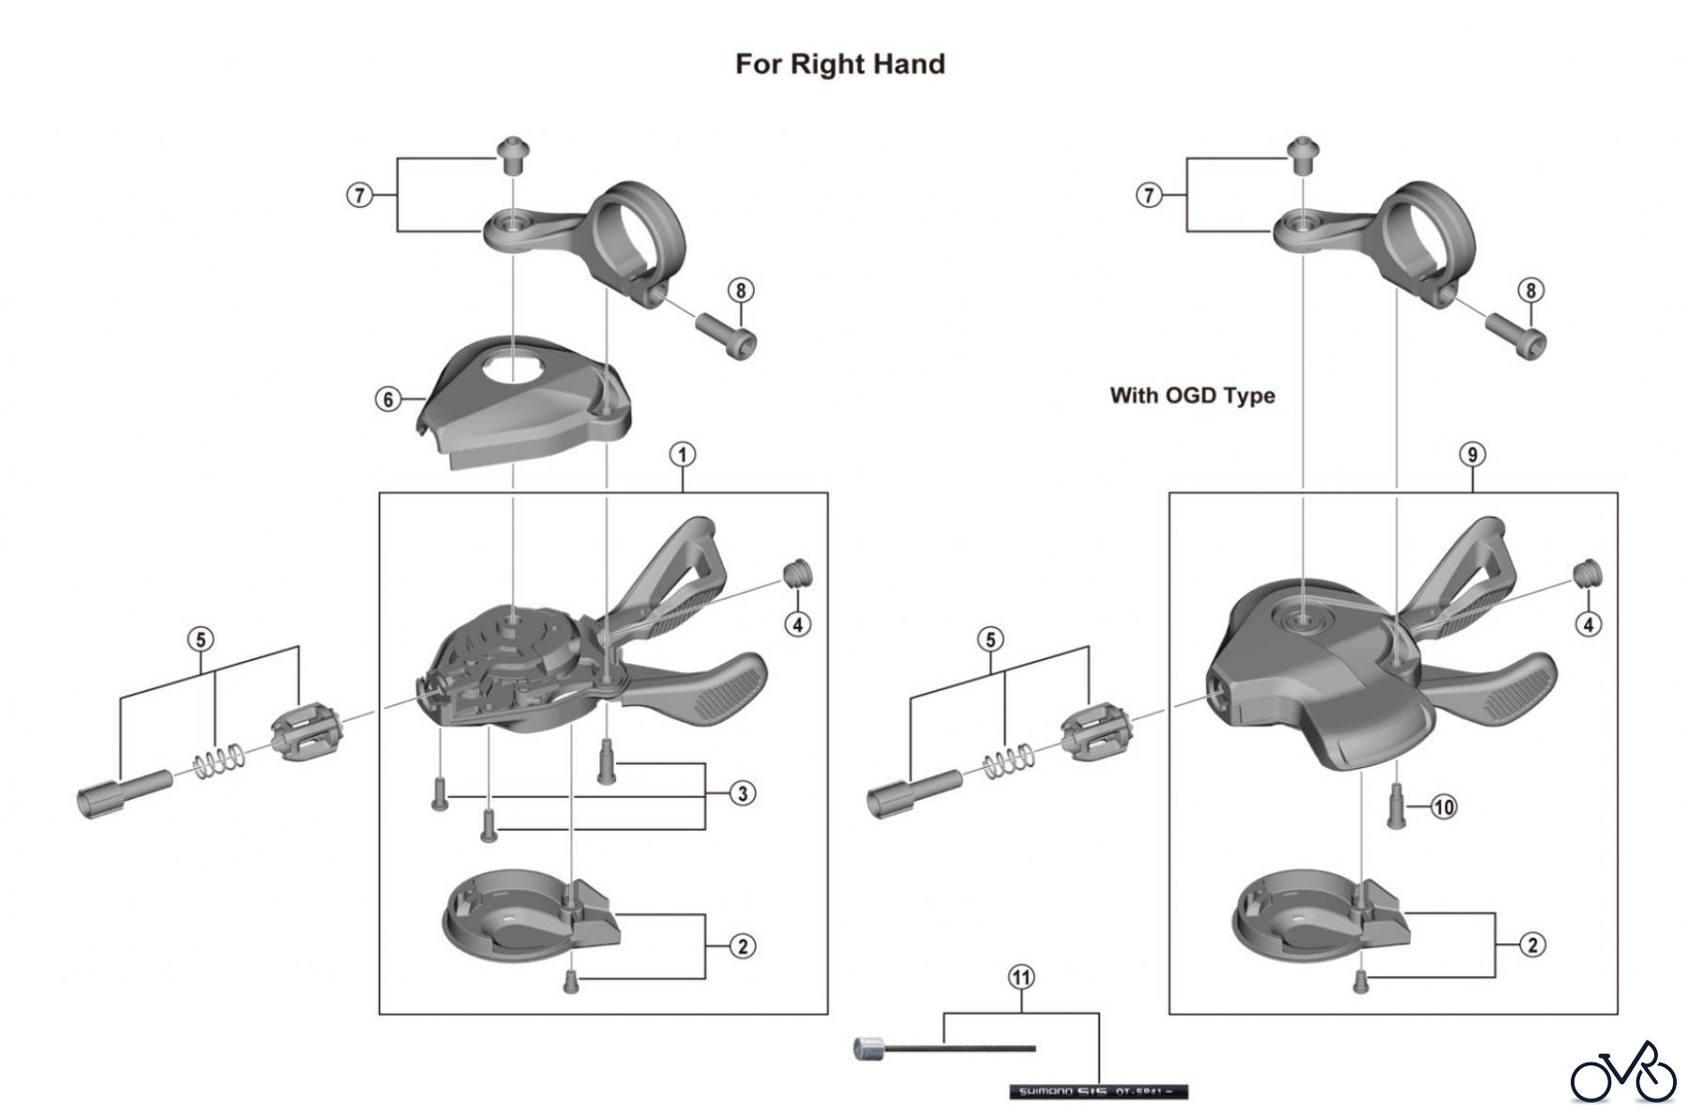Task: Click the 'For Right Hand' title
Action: (839, 64)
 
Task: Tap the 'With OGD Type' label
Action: (1192, 395)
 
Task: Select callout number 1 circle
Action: (682, 455)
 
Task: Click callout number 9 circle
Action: (1472, 455)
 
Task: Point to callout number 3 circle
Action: (742, 793)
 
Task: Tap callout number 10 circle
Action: (1443, 806)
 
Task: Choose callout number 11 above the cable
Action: (1020, 977)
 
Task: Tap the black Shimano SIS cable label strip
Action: (1097, 1092)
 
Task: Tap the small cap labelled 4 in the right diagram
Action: (1586, 572)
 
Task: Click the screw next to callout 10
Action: (1394, 807)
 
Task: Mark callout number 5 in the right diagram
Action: (991, 640)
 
